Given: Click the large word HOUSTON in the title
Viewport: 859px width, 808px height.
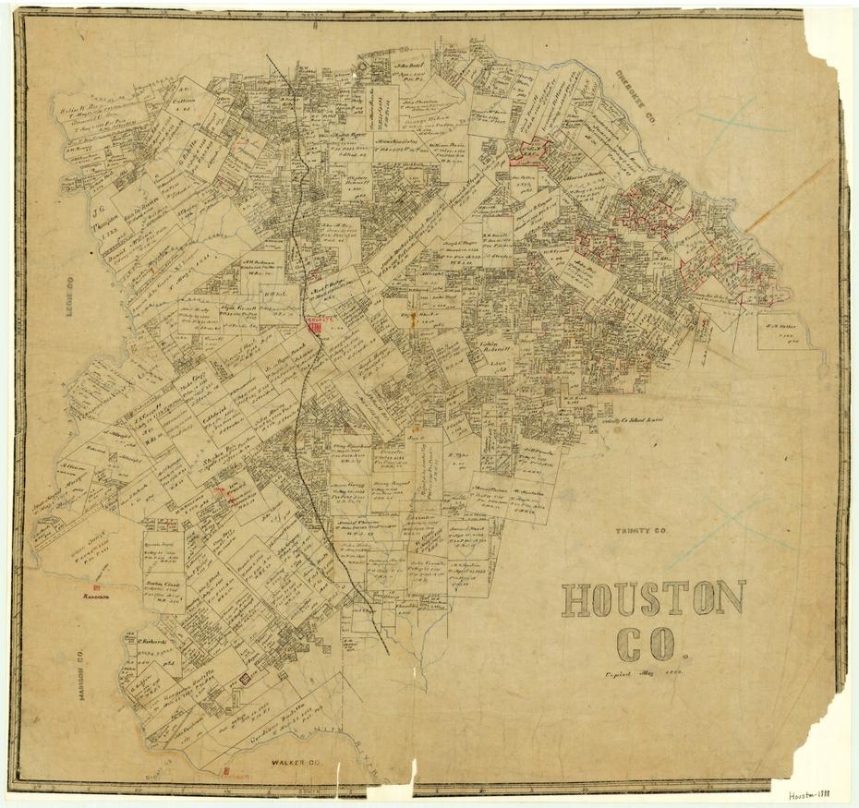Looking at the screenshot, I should (x=652, y=598).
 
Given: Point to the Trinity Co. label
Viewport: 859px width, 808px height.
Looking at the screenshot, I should (x=641, y=532).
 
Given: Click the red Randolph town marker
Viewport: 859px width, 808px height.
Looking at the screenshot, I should (x=98, y=592).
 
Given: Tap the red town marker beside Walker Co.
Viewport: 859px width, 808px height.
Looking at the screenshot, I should (x=226, y=768).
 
